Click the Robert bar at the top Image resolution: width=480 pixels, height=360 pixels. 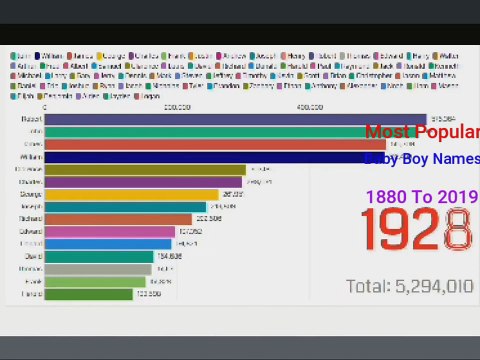tap(220, 119)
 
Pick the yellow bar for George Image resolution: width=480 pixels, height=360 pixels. tap(131, 194)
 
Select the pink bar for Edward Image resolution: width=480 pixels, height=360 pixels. tap(110, 232)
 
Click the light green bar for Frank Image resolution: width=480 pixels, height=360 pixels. tap(96, 282)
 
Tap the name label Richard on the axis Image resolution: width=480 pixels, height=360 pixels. tap(29, 219)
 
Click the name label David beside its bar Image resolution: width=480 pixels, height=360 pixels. tap(32, 257)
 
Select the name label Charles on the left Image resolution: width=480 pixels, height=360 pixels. tap(29, 182)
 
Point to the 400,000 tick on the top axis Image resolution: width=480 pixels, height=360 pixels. tap(309, 106)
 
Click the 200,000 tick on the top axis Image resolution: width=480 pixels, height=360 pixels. tap(177, 106)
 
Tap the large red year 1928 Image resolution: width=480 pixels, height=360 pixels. tap(415, 230)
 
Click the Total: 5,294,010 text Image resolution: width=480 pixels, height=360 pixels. tap(409, 286)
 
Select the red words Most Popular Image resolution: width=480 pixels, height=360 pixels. tap(421, 132)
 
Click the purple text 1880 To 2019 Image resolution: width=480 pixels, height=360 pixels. tap(421, 196)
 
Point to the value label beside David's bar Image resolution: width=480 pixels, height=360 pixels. tap(168, 257)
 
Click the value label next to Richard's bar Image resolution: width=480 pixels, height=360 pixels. tap(209, 219)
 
